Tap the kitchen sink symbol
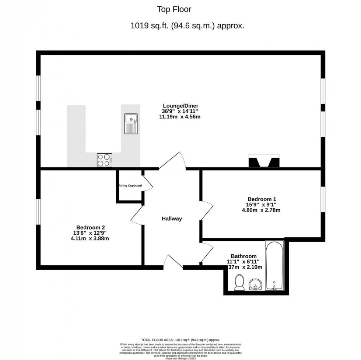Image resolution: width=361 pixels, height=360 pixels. pos(130,124)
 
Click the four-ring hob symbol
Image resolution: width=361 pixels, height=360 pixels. pos(104,160)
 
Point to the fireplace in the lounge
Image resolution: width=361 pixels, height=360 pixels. pos(264,162)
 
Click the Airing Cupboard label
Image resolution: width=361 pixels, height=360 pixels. pos(130,186)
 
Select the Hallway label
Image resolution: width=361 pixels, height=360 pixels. pos(172,219)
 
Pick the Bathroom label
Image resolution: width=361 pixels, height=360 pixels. pos(243,256)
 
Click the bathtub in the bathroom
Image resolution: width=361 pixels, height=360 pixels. pos(274,265)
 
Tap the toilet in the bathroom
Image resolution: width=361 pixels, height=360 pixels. pos(239,283)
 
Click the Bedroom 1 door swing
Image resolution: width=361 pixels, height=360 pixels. pos(207,212)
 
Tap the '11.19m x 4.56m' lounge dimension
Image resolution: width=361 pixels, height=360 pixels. pos(179,117)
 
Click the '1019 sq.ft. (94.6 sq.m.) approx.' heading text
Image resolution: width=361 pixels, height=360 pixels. pos(188,26)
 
